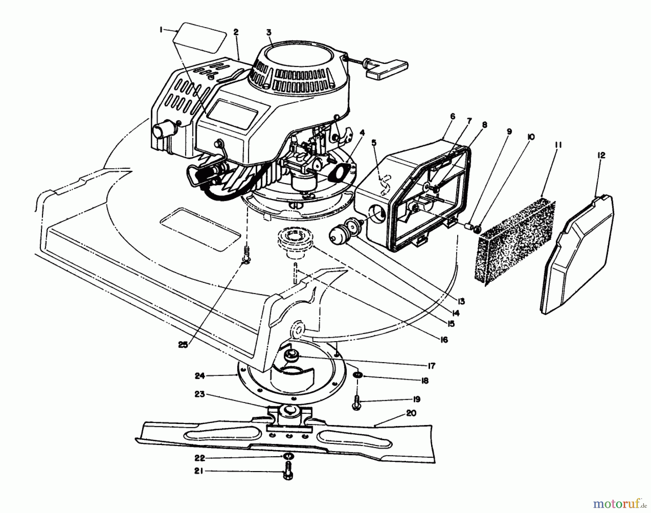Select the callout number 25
[183, 345]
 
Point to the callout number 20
[411, 413]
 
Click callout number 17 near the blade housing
[431, 366]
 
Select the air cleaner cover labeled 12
[575, 253]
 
